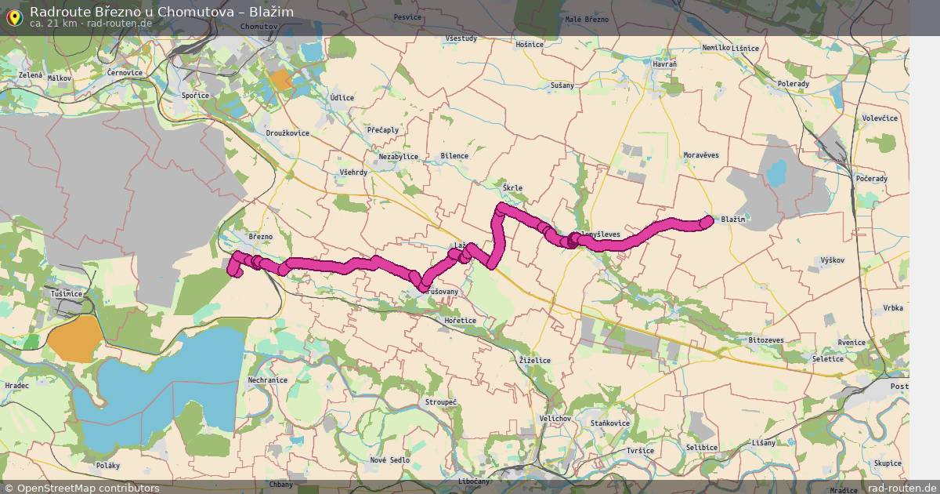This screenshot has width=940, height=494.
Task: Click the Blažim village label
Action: [x=732, y=220]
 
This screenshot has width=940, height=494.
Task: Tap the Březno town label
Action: [x=260, y=237]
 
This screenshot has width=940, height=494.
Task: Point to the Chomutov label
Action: [x=260, y=27]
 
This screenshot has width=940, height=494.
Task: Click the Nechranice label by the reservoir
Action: [x=268, y=380]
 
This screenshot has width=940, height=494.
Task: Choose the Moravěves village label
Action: [x=700, y=155]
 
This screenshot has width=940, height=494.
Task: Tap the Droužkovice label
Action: [x=287, y=133]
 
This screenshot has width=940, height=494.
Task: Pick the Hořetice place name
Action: [x=460, y=321]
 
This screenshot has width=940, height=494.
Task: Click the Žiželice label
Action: [x=535, y=361]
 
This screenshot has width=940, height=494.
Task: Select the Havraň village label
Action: [x=664, y=64]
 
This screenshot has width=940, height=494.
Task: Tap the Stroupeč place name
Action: [x=440, y=402]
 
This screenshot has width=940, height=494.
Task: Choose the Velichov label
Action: [x=555, y=419]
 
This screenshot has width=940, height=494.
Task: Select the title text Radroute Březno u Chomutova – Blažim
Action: [x=161, y=11]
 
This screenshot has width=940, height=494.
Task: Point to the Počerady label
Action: [x=872, y=179]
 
